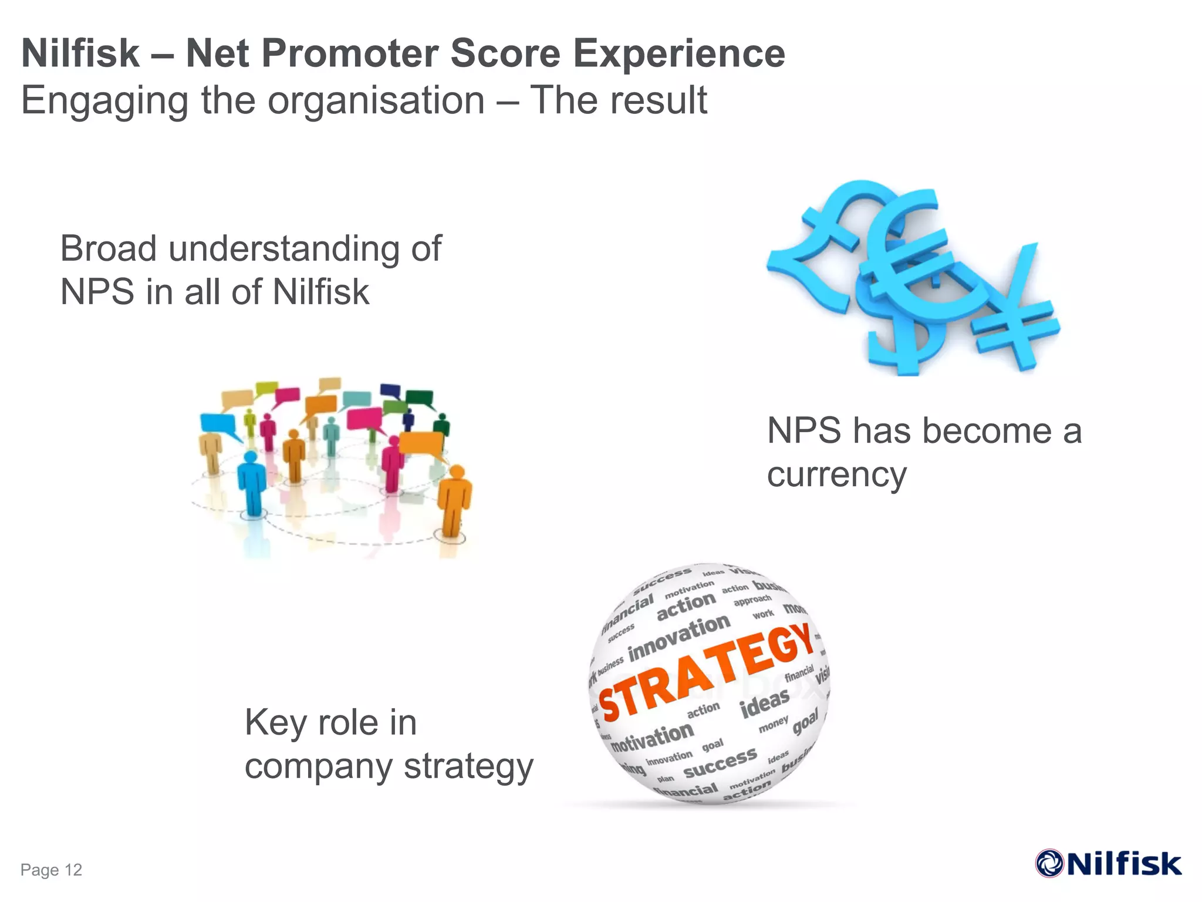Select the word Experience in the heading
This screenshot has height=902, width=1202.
pyautogui.click(x=678, y=54)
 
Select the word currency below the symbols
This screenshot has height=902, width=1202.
pyautogui.click(x=836, y=474)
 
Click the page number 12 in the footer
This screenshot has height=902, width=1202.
pyautogui.click(x=73, y=870)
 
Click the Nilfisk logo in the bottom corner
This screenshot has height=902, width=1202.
pyautogui.click(x=1108, y=864)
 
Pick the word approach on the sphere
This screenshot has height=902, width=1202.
pyautogui.click(x=752, y=600)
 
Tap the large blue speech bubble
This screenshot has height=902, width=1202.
pyautogui.click(x=218, y=424)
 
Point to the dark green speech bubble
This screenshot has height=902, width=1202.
pyautogui.click(x=419, y=398)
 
